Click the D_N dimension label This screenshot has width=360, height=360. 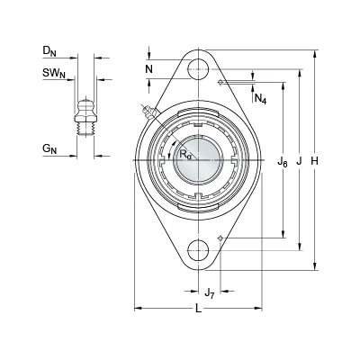pos(49,51)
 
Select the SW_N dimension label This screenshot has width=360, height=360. pos(54,73)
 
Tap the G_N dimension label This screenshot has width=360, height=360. pos(49,148)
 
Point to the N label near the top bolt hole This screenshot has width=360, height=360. pos(149,69)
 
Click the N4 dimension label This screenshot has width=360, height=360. pos(260,98)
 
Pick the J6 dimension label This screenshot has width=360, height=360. pos(283,162)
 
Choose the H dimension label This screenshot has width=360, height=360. pos(314,161)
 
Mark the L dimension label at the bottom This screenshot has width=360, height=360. pos(198,308)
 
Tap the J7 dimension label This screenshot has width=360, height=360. pos(210,292)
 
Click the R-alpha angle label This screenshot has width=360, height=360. pos(184,155)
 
